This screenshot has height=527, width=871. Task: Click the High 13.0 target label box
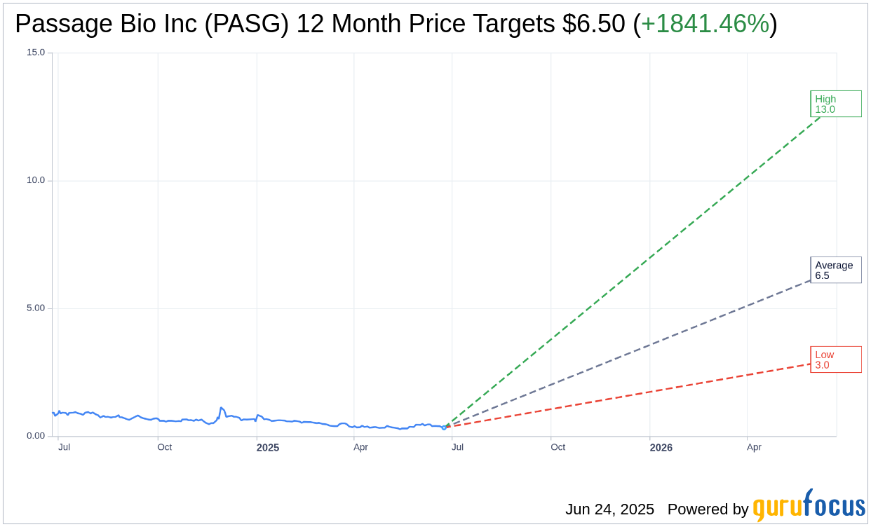[835, 104]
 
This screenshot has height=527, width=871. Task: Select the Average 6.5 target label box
[835, 270]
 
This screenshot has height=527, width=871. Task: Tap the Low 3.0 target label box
[835, 360]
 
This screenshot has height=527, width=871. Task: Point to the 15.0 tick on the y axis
[36, 53]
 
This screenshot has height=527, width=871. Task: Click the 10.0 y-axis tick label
[36, 180]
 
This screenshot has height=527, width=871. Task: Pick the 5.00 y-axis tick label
[36, 308]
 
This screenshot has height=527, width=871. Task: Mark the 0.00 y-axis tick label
[36, 436]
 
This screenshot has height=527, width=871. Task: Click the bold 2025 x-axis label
[267, 448]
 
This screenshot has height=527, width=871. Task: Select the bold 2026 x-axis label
[661, 448]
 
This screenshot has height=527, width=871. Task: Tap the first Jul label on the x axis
[64, 447]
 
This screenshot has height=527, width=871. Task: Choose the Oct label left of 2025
[164, 447]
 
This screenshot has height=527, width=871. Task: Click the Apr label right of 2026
[754, 447]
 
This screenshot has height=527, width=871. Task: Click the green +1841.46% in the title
[705, 25]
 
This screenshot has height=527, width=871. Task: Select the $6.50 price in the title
[593, 25]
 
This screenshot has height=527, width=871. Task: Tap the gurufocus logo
[809, 506]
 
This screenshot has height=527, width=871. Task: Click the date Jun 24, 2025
[609, 509]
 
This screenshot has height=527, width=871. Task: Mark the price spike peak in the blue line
[221, 407]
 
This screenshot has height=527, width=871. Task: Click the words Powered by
[708, 509]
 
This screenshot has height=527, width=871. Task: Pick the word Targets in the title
[513, 25]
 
